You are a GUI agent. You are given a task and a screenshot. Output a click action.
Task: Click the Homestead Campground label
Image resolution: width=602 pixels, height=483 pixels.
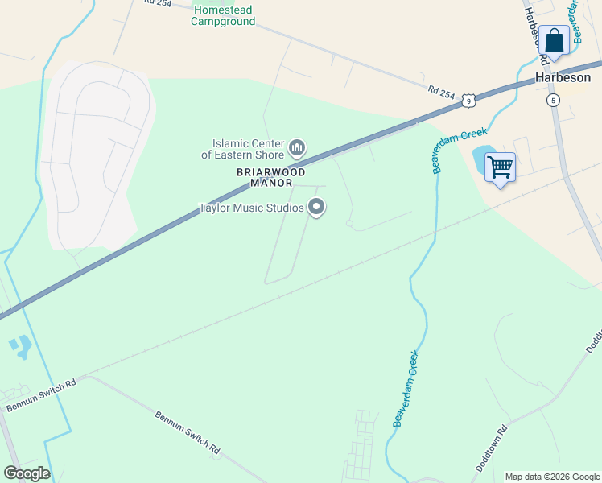(x=223, y=15)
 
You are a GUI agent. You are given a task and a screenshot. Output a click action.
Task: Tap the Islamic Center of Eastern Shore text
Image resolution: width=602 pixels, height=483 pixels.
(x=242, y=149)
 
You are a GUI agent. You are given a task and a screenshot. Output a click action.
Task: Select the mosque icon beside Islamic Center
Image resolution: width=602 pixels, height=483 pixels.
(x=297, y=147)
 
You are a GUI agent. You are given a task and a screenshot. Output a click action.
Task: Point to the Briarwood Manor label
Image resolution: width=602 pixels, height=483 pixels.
(x=271, y=177)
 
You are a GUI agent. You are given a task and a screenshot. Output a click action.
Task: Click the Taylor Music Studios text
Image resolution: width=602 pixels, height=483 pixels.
(x=251, y=208)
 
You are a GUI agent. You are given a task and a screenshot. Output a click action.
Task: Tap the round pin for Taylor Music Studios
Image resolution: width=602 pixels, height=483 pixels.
(x=317, y=208)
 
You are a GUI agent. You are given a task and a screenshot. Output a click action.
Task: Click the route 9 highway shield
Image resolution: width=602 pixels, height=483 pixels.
(x=469, y=100)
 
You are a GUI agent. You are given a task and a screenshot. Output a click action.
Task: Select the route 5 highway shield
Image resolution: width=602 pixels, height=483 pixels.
(x=552, y=100)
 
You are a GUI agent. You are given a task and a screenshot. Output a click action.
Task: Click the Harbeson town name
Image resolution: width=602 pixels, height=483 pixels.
(x=564, y=78)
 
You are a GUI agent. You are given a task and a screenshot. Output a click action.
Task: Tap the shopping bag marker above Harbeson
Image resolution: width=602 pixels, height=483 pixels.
(x=554, y=39)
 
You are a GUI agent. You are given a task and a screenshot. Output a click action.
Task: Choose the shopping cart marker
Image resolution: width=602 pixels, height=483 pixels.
(x=500, y=167)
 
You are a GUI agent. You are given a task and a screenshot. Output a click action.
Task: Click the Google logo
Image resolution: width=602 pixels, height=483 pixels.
(x=27, y=473)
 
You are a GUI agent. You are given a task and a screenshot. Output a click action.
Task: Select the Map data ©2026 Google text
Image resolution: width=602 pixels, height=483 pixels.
(x=552, y=477)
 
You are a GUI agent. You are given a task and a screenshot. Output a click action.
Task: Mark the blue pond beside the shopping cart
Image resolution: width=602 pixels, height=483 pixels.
(x=480, y=159)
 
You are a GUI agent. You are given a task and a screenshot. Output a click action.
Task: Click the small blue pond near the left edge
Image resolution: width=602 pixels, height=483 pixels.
(x=21, y=347)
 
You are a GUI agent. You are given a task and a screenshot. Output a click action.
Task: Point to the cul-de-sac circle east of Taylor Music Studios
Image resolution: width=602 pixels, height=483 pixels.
(x=349, y=223)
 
